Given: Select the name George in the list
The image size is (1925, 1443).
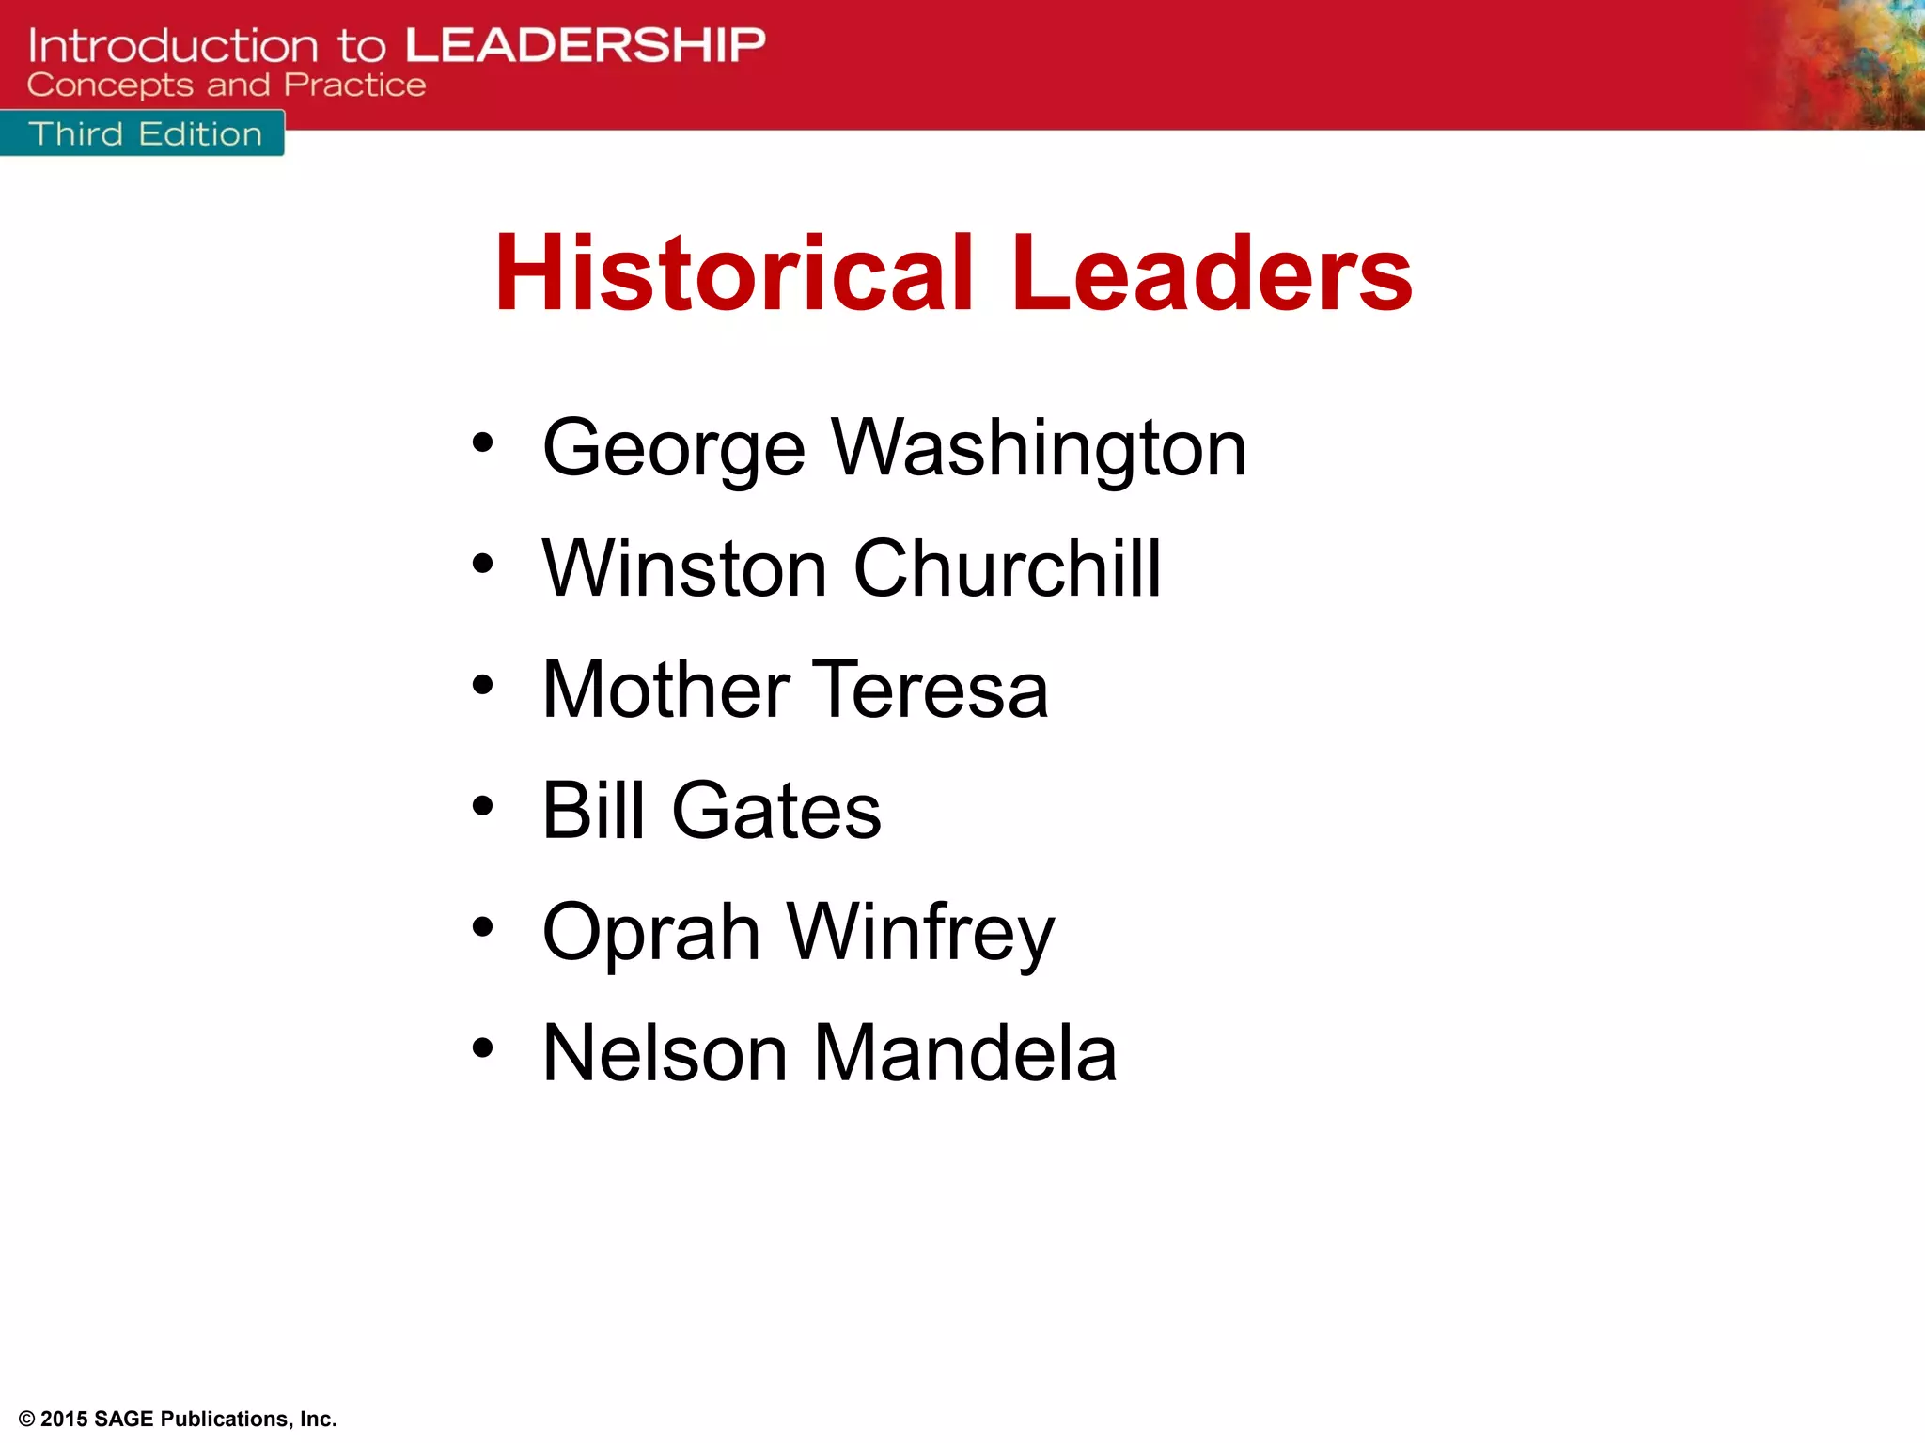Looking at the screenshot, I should (674, 449).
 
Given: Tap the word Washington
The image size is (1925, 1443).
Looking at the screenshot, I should (1040, 449).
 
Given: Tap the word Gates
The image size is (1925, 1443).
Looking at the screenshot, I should (776, 810).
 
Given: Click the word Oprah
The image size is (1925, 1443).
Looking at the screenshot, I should (651, 932).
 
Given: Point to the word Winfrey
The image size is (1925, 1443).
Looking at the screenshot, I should (920, 932).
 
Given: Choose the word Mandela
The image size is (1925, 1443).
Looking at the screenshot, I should (964, 1053).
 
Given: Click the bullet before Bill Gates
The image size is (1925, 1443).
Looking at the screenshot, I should (482, 806).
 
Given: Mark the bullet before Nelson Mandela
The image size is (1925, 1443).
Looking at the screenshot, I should (482, 1047).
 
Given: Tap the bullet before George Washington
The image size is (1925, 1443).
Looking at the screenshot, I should (482, 442).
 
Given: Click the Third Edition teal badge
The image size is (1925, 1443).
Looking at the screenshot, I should (143, 133).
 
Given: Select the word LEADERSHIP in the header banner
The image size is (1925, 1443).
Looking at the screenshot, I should (586, 45).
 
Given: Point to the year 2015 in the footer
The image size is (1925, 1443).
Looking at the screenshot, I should (64, 1419).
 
